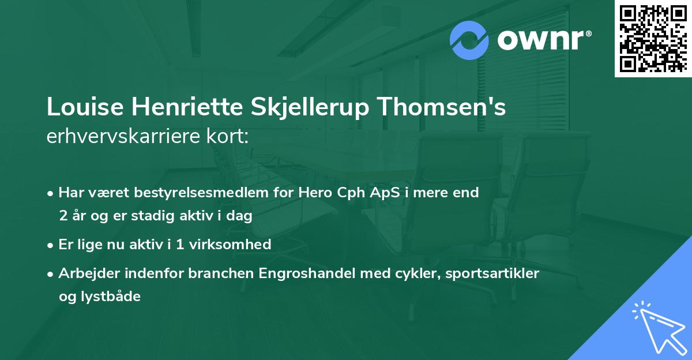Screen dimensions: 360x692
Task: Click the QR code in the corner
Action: pyautogui.click(x=653, y=38)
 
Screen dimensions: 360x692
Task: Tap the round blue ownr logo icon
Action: pyautogui.click(x=469, y=40)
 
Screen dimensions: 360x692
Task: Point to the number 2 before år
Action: pyautogui.click(x=62, y=216)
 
